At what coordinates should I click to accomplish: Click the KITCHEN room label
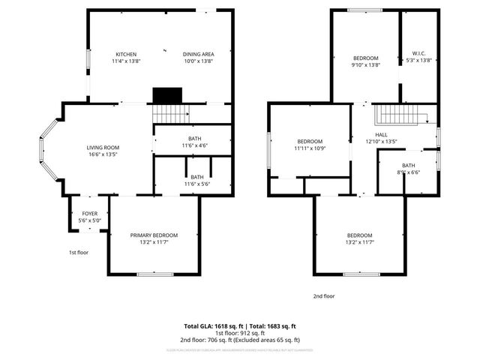coord(125,54)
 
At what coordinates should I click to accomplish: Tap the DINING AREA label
coord(199,54)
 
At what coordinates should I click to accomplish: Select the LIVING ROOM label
coord(103,148)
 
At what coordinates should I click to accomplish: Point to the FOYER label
coord(89,214)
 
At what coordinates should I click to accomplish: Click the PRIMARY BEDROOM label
coord(154,235)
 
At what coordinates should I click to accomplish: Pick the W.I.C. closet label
coord(419,54)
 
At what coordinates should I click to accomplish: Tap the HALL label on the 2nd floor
coord(381,134)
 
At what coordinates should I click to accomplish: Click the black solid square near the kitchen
coord(167,96)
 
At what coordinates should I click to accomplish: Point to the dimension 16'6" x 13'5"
coord(103,154)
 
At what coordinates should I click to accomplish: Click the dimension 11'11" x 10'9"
coord(310,148)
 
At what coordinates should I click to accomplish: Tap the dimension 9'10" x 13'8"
coord(366,65)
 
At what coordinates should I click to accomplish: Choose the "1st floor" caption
coord(78,253)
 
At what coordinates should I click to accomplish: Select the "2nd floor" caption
coord(324,296)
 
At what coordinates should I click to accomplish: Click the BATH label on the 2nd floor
coord(408,165)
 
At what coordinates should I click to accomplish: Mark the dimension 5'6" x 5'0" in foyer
coord(89,221)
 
